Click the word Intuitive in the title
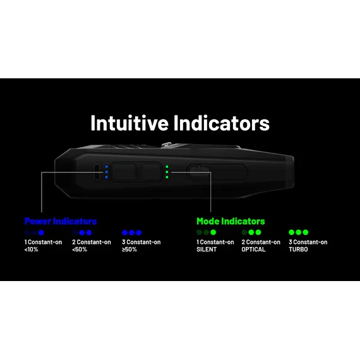pyautogui.click(x=129, y=123)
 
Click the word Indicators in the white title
pyautogui.click(x=221, y=123)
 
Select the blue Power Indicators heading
pyautogui.click(x=61, y=221)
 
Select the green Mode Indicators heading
pyautogui.click(x=231, y=221)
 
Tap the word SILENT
pyautogui.click(x=207, y=249)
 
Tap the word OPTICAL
pyautogui.click(x=253, y=249)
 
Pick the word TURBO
pyautogui.click(x=298, y=249)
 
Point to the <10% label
pyautogui.click(x=31, y=249)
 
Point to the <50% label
pyautogui.click(x=80, y=249)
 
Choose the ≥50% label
pyautogui.click(x=129, y=249)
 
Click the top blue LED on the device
pyautogui.click(x=106, y=167)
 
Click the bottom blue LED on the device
pyautogui.click(x=106, y=177)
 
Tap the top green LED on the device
pyautogui.click(x=167, y=167)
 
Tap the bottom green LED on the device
pyautogui.click(x=167, y=177)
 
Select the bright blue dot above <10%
pyautogui.click(x=41, y=232)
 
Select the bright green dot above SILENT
pyautogui.click(x=213, y=232)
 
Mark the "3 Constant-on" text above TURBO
pyautogui.click(x=308, y=242)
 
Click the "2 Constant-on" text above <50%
pyautogui.click(x=92, y=242)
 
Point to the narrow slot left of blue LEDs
pyautogui.click(x=97, y=171)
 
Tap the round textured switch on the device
pyautogui.click(x=199, y=172)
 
